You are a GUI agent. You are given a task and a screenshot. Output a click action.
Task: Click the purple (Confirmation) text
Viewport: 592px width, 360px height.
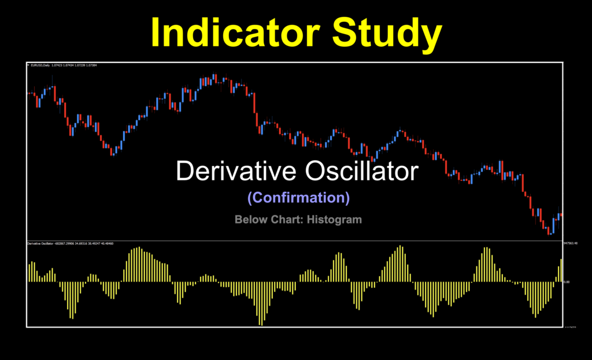(298, 198)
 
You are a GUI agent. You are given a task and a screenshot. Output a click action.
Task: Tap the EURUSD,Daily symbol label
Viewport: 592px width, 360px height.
(40, 65)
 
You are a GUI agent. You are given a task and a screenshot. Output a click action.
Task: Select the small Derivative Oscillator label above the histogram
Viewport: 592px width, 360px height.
(40, 244)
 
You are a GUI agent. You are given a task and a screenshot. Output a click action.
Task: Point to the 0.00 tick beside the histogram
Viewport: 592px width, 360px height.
(567, 282)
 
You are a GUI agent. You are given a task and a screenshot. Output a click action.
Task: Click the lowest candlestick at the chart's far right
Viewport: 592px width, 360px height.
(550, 231)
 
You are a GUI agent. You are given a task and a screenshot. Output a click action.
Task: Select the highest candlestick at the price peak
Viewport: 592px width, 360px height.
(214, 78)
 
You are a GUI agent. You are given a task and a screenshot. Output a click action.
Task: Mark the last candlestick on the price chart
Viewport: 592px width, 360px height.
(561, 215)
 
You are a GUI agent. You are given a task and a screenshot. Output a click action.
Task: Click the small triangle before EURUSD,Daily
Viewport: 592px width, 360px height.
(28, 65)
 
